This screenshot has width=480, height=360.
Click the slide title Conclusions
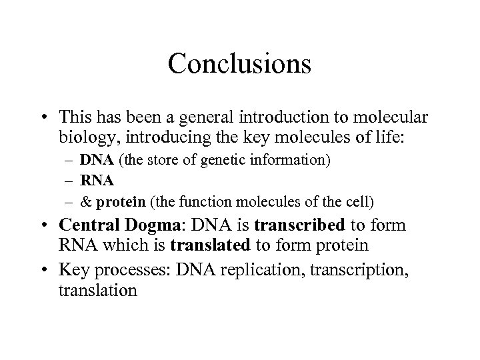[x=239, y=64]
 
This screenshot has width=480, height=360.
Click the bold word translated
[x=209, y=245]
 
